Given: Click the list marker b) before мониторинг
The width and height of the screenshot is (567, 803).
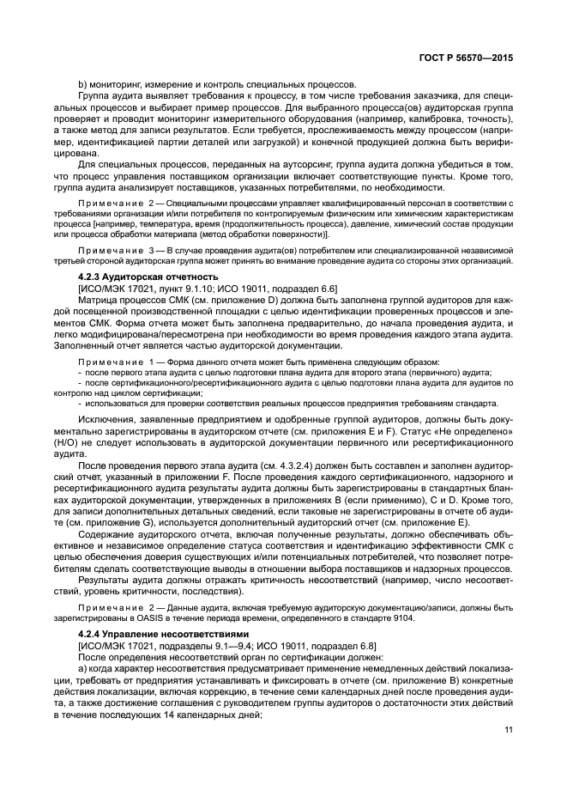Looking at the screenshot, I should click(82, 85).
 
